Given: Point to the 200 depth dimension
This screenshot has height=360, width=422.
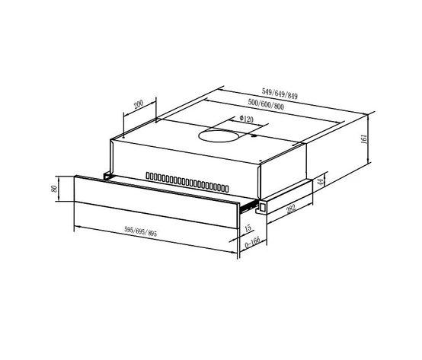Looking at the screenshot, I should coord(139,105).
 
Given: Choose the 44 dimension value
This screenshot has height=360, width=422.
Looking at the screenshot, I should coord(320,181).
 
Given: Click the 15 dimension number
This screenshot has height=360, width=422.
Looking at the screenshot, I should coord(248,227).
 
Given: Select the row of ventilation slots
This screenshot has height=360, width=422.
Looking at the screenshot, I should coord(187,181).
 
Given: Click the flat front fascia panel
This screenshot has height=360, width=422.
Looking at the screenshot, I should coord(152,196).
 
